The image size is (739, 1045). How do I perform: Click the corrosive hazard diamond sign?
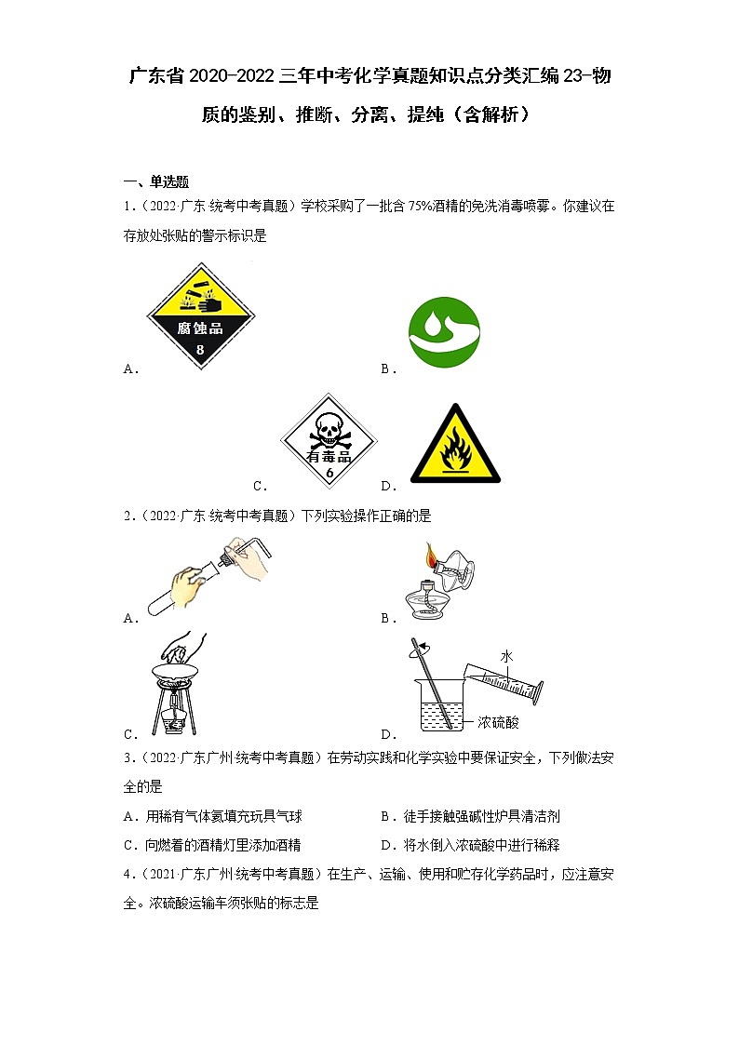tap(200, 316)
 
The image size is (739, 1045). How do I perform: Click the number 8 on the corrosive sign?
tap(200, 350)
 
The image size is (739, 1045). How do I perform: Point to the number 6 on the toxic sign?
tap(329, 473)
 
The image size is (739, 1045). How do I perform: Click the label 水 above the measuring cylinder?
tap(506, 656)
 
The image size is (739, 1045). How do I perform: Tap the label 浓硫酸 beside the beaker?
tap(504, 722)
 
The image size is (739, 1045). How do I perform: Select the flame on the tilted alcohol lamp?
tap(430, 556)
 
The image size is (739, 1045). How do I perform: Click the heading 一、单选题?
tap(156, 181)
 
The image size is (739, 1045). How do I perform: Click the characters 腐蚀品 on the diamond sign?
tap(200, 328)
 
